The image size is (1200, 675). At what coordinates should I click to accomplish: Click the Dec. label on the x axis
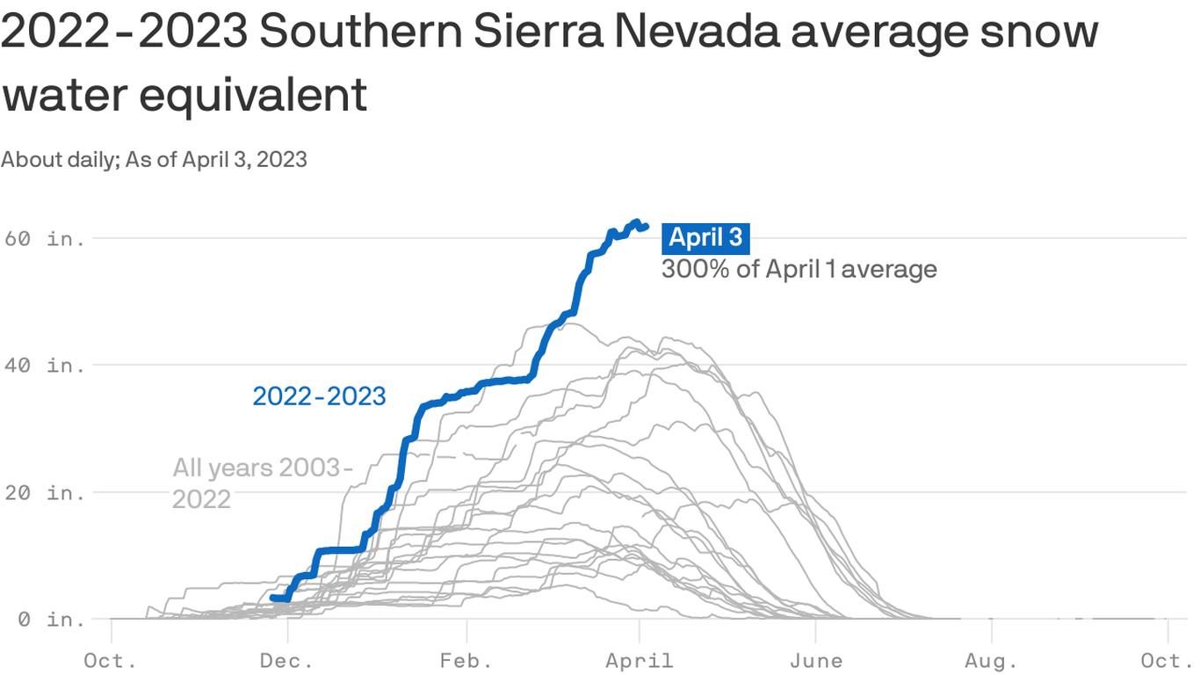pyautogui.click(x=288, y=660)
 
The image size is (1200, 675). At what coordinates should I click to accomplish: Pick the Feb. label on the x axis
pyautogui.click(x=466, y=660)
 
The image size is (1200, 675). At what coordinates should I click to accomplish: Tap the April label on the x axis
pyautogui.click(x=640, y=660)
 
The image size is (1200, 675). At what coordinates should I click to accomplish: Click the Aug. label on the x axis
pyautogui.click(x=992, y=660)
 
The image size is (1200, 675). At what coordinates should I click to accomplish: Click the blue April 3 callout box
pyautogui.click(x=705, y=237)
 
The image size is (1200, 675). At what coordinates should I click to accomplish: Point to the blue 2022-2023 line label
pyautogui.click(x=319, y=396)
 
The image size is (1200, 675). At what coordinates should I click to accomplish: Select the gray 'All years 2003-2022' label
pyautogui.click(x=260, y=483)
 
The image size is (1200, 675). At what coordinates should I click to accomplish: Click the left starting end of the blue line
pyautogui.click(x=271, y=598)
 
